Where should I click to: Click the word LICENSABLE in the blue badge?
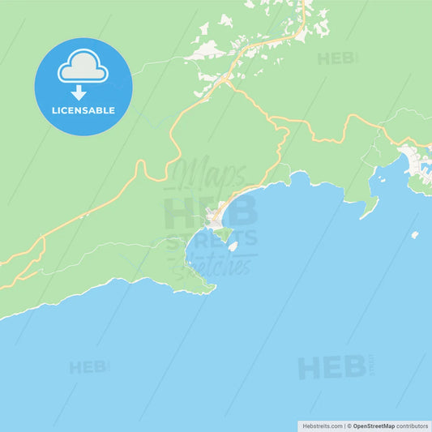[83, 109]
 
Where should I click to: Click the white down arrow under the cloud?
[79, 92]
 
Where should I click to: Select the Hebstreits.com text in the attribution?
[323, 426]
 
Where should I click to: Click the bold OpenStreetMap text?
[374, 426]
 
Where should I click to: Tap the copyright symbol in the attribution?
[349, 426]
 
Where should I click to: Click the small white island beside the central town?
[233, 246]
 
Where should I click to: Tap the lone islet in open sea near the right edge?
[414, 235]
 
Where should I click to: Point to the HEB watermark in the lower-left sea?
[87, 367]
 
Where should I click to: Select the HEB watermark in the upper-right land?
[335, 58]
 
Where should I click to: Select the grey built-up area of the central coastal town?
[214, 217]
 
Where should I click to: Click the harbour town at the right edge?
[417, 162]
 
